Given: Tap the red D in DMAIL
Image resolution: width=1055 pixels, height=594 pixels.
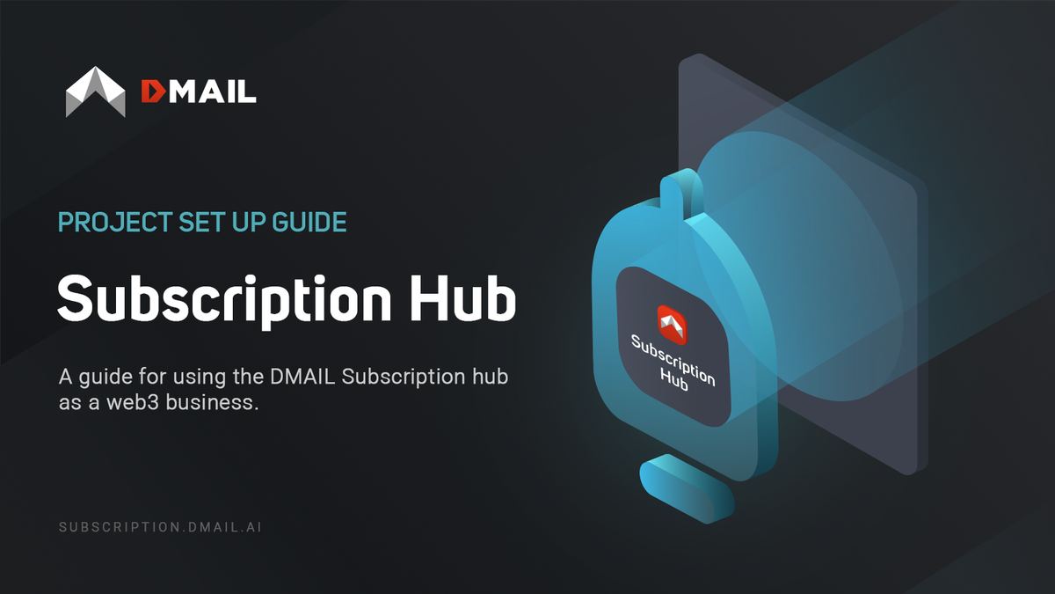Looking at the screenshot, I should [152, 91].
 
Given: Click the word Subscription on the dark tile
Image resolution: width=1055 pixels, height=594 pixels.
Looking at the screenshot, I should [673, 359].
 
